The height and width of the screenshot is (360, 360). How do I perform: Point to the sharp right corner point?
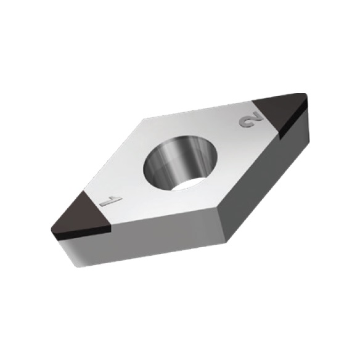[x=306, y=94]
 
